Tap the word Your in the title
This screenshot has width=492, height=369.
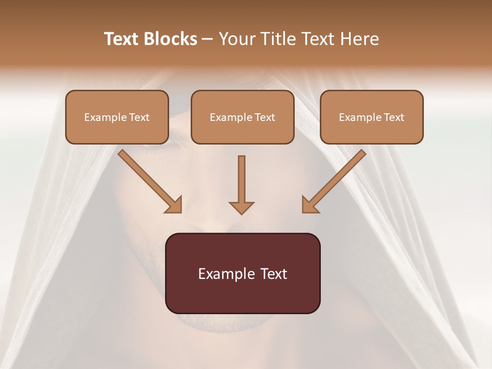pyautogui.click(x=237, y=39)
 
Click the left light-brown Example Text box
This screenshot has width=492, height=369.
pyautogui.click(x=117, y=117)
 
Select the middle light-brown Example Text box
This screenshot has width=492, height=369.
pyautogui.click(x=242, y=117)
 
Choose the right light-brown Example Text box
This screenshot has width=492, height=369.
pyautogui.click(x=372, y=117)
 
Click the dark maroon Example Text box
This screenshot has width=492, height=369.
pyautogui.click(x=242, y=273)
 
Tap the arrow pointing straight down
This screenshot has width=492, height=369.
pyautogui.click(x=241, y=182)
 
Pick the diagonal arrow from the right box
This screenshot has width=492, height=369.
pyautogui.click(x=336, y=179)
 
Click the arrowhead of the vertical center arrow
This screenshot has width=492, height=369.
pyautogui.click(x=241, y=207)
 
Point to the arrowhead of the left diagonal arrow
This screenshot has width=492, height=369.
pyautogui.click(x=174, y=205)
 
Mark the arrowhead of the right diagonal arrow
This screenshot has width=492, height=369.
pyautogui.click(x=309, y=205)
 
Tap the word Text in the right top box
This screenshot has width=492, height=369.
pyautogui.click(x=394, y=117)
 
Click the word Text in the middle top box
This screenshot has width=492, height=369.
pyautogui.click(x=264, y=117)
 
